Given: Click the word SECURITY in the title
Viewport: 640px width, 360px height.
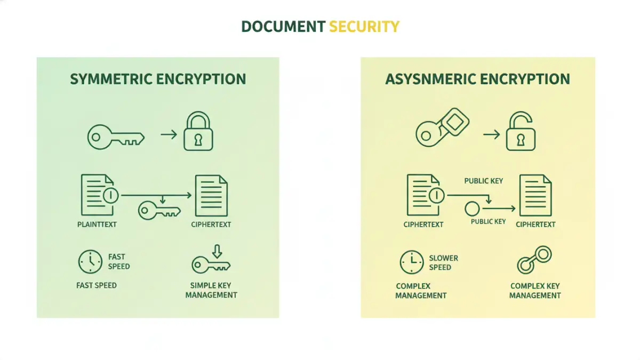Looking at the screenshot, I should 364,26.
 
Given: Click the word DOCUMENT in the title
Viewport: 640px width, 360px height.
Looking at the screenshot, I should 283,26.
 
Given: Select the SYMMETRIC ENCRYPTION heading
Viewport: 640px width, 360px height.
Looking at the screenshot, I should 158,79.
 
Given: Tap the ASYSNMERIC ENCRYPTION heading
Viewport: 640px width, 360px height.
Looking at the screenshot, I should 477,79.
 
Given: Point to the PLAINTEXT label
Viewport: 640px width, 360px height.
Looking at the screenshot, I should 97,225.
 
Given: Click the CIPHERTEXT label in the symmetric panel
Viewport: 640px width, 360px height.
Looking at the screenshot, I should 211,225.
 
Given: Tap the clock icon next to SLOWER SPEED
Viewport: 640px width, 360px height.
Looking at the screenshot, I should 412,262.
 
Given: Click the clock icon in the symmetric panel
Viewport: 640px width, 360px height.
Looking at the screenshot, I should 90,261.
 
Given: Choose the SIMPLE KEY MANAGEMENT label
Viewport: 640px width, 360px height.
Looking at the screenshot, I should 211,290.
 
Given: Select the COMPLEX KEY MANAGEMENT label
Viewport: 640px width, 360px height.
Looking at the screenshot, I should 535,290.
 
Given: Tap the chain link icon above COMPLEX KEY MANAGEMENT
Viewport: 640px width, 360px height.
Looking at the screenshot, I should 533,260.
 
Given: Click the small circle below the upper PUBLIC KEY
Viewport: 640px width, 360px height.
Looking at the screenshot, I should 472,209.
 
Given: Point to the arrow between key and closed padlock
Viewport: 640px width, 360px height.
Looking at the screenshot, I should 169,134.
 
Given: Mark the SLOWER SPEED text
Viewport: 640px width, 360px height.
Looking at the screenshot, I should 443,262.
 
